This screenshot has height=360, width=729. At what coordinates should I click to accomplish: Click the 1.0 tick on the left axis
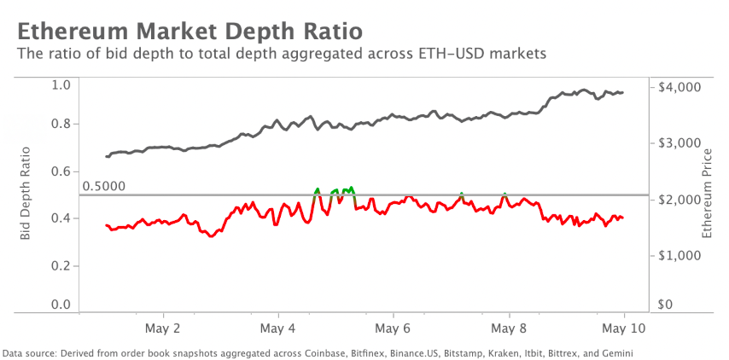(x=61, y=84)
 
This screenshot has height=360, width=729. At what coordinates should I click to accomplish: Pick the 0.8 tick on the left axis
(x=61, y=124)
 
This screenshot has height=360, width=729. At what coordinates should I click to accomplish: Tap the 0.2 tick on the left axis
(x=61, y=265)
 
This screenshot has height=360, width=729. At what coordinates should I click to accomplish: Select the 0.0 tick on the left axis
(x=61, y=305)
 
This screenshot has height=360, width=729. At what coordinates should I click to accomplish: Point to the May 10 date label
(x=624, y=328)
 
